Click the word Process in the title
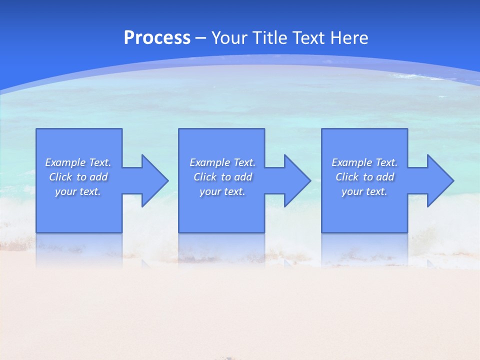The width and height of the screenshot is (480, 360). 157,38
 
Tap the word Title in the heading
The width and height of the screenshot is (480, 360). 270,38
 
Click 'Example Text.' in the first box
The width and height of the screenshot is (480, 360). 78,162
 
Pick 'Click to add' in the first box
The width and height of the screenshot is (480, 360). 78,177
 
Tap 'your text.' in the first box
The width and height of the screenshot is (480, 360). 78,191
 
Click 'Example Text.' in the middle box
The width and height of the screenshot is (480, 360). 222,162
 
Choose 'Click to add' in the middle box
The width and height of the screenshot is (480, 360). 222,177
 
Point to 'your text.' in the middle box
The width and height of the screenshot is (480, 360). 222,191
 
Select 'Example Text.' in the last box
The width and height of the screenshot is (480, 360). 364,162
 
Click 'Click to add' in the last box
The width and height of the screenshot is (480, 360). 364,177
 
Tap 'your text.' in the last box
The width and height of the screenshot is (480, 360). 364,191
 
